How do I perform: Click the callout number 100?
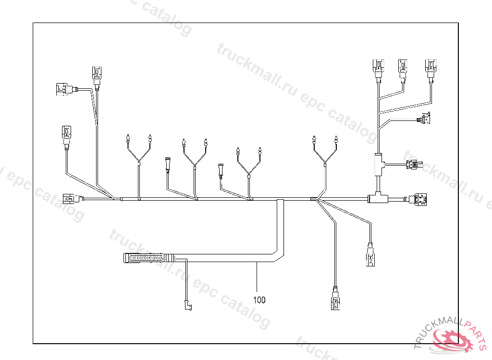click(259, 300)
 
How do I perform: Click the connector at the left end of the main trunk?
click(69, 198)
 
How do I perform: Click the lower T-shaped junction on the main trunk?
click(378, 198)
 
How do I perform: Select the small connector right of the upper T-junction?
click(413, 165)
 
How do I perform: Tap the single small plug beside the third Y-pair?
click(221, 170)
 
